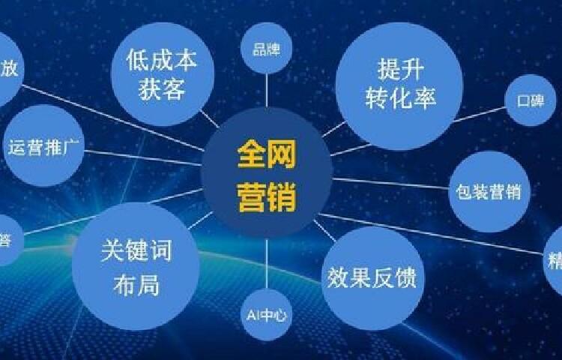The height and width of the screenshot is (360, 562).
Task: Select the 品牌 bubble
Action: pyautogui.click(x=266, y=50)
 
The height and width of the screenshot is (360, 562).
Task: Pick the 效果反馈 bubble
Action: pyautogui.click(x=372, y=278)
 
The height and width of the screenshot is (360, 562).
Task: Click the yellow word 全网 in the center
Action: pyautogui.click(x=267, y=156)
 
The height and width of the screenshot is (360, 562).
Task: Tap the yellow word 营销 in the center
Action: pyautogui.click(x=267, y=197)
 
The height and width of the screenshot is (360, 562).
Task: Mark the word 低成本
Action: pyautogui.click(x=162, y=60)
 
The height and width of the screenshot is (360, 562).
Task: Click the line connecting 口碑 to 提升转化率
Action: pyautogui.click(x=480, y=114)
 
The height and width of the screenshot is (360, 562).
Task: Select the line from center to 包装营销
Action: pyautogui.click(x=390, y=183)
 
